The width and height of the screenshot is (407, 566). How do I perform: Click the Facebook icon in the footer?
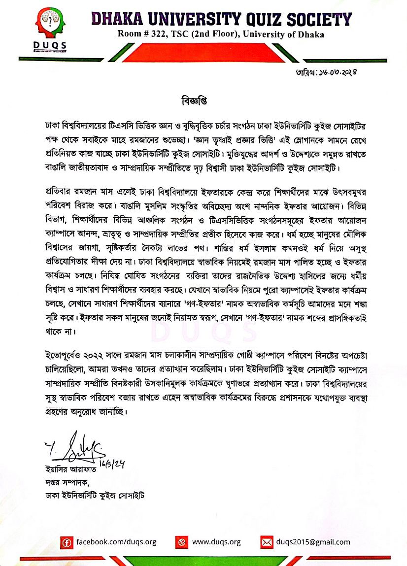click(67, 542)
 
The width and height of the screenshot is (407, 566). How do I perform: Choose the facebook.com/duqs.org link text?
click(116, 542)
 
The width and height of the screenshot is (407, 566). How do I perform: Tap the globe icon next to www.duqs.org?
click(182, 542)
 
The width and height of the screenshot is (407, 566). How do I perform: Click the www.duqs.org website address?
click(216, 542)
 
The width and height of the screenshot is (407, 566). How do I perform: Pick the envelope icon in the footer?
click(267, 542)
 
